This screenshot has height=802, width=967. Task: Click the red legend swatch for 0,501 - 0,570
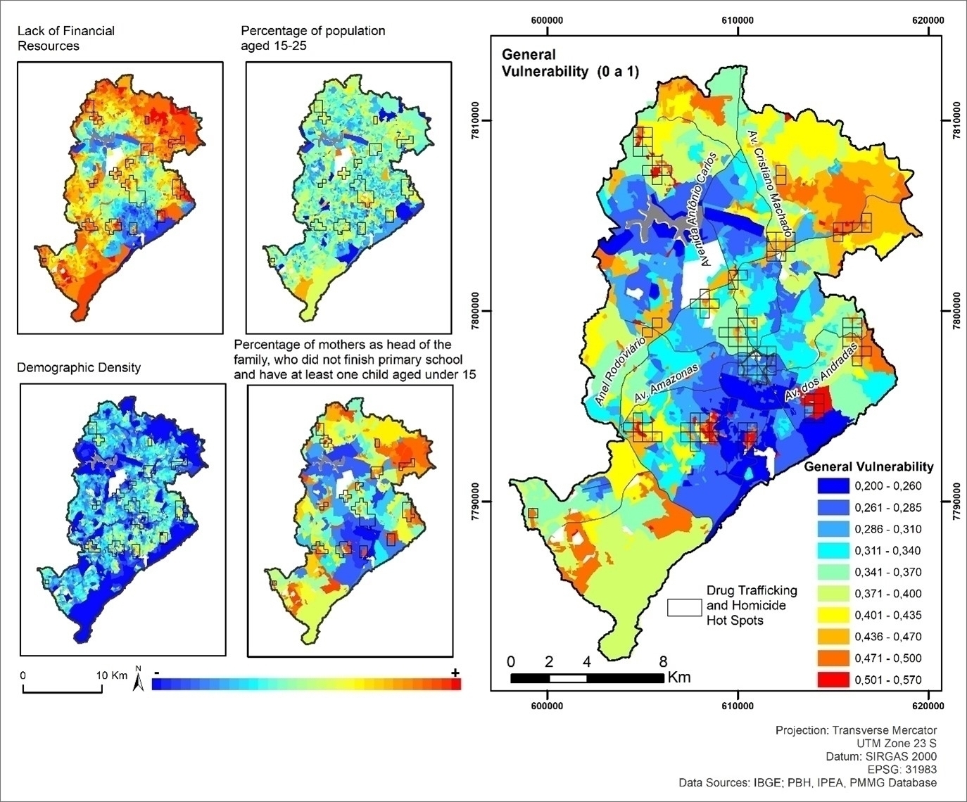point(833,680)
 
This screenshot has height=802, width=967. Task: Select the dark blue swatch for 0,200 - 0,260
point(833,486)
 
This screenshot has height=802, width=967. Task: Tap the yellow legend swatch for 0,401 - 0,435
point(833,616)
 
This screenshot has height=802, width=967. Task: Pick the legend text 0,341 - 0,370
point(887,573)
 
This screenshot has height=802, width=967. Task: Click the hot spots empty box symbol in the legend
point(684,608)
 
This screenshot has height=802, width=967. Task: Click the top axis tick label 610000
point(738,20)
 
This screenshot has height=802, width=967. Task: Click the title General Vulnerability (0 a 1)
point(569,63)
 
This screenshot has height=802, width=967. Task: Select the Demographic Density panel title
point(79,367)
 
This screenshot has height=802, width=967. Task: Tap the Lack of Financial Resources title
point(65,38)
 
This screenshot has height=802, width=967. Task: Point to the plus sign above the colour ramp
point(455,673)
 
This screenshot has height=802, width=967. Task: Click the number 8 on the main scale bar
point(663,661)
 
